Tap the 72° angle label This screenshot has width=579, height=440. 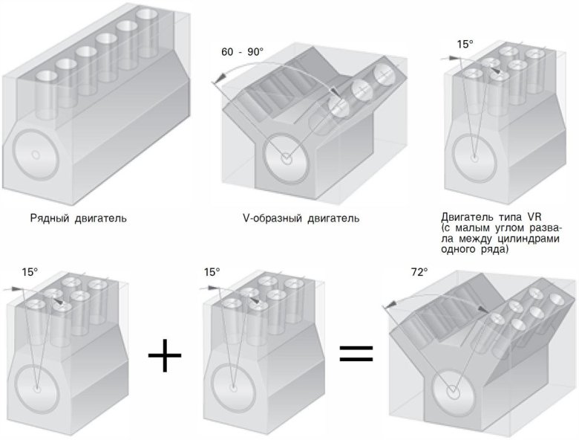click(419, 273)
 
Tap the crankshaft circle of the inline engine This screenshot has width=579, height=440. click(35, 155)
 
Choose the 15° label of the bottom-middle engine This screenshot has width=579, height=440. click(212, 272)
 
